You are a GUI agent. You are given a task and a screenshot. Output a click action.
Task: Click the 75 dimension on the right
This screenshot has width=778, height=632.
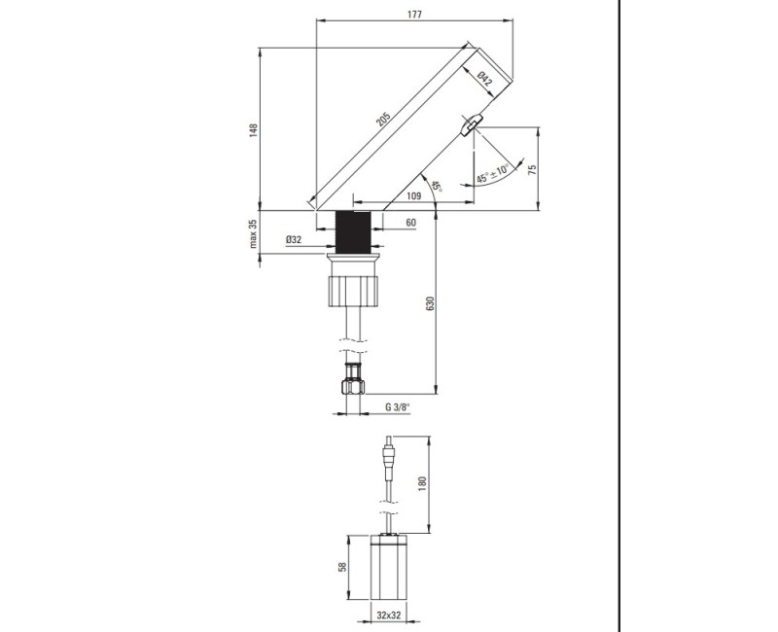coord(533,167)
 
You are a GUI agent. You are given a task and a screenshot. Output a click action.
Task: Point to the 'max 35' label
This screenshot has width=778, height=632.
coord(253,233)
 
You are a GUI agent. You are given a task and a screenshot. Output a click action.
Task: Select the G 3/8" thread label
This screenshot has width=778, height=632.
coord(398,406)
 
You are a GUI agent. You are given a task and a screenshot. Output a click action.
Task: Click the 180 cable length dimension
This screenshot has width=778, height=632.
coord(421,483)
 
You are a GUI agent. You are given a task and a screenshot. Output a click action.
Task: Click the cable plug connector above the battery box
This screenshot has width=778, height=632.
coord(390,458)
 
